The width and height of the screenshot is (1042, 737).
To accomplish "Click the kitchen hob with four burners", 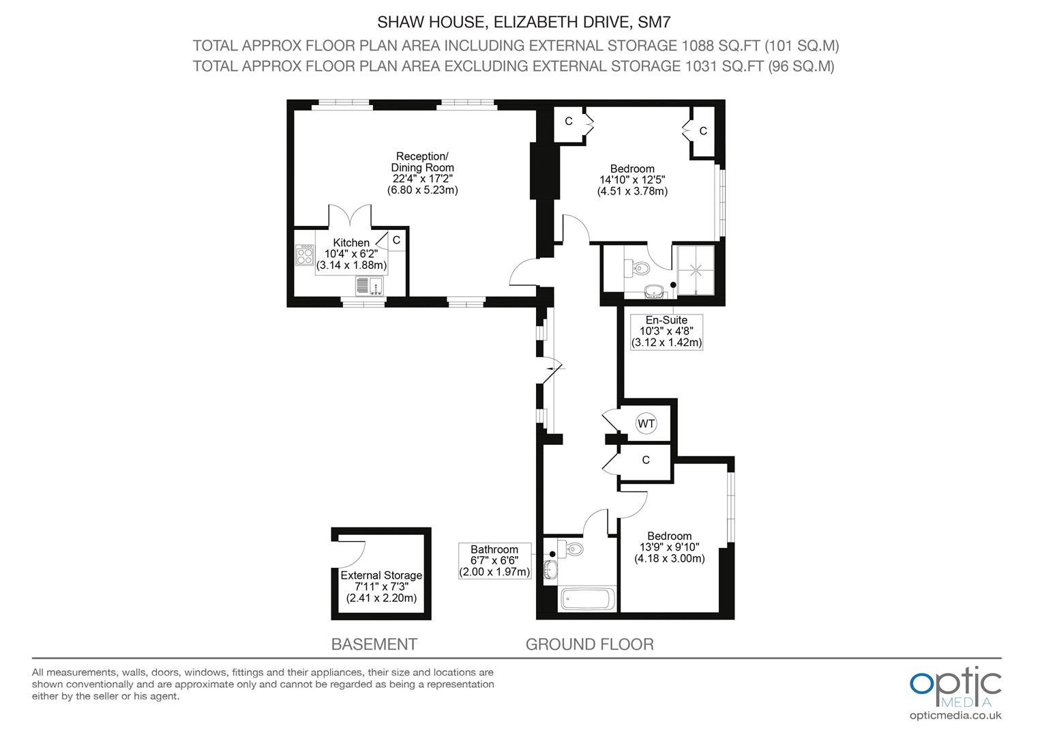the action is tap(305, 255).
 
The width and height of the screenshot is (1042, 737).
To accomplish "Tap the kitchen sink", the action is tap(370, 286).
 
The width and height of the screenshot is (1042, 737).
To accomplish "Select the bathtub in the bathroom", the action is tap(588, 599).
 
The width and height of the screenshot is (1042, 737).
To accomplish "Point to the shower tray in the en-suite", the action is tap(696, 270).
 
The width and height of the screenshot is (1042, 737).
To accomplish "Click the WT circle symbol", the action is tap(646, 424).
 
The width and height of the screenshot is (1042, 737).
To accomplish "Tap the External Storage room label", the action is tap(381, 575).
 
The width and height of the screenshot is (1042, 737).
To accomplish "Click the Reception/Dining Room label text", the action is tap(422, 162).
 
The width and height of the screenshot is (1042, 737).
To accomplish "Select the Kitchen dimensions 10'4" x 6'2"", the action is tap(351, 254).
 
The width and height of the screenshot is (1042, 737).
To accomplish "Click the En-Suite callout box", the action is tap(666, 332).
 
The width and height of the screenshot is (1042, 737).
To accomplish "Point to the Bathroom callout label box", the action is tap(494, 560).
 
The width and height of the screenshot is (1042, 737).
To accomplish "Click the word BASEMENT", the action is tap(374, 644).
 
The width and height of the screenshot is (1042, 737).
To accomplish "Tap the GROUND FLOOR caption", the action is tap(589, 644).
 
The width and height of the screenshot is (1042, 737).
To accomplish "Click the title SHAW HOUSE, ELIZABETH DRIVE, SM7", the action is tap(524, 22).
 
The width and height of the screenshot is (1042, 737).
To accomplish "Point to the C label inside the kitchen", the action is tap(396, 240).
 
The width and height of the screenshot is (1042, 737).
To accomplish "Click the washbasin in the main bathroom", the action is tap(550, 569).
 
